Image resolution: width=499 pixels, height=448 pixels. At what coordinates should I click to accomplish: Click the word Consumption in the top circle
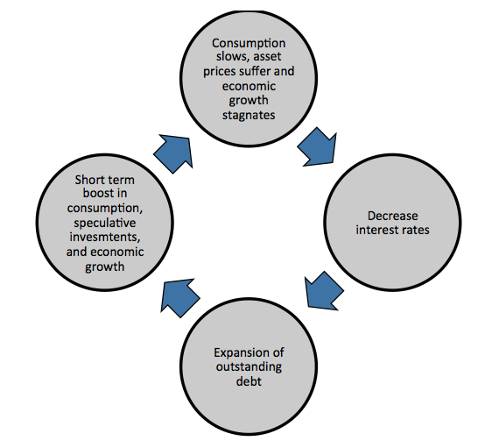click(x=249, y=43)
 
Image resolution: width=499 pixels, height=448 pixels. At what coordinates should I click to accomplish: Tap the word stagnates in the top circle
click(x=249, y=115)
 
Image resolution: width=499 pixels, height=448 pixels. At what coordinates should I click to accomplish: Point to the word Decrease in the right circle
click(x=392, y=216)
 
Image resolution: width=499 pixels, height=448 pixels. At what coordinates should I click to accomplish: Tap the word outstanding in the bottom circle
click(x=249, y=366)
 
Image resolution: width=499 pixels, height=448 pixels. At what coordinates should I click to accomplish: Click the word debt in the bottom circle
click(x=249, y=381)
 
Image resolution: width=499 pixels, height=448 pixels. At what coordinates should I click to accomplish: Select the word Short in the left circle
click(x=88, y=180)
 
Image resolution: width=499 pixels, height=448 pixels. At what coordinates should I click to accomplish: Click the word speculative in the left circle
click(x=105, y=223)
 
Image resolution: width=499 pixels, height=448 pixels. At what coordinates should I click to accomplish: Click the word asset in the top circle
click(x=267, y=56)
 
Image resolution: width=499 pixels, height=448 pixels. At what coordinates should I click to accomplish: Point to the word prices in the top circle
click(x=220, y=71)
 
